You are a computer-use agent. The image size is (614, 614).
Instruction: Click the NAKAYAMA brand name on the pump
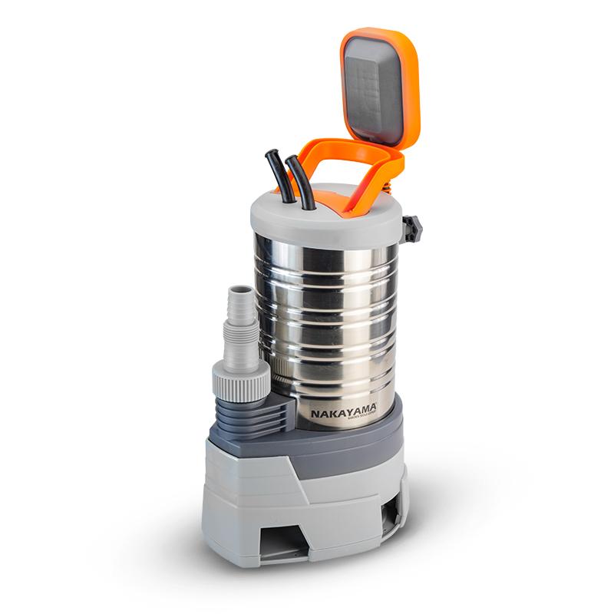(x=342, y=413)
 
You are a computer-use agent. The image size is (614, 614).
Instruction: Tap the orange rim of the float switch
(x=414, y=84)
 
